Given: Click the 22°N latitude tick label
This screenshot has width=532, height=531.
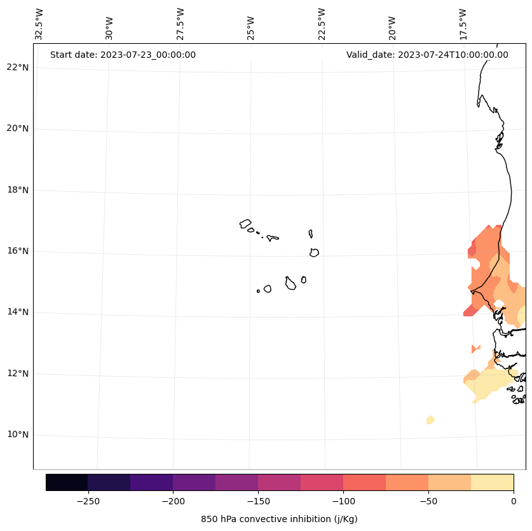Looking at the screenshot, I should pos(18,67).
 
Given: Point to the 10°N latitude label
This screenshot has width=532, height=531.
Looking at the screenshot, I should pos(18,434).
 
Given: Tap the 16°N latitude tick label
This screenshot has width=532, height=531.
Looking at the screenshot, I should pos(18,251).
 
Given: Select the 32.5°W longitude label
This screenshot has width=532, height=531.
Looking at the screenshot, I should pos(39,24).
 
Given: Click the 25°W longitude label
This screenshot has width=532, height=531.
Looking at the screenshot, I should pos(251,28).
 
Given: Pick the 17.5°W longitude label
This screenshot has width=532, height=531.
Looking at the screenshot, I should pos(463,24).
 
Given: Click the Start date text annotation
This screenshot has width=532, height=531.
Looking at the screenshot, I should pos(123,55).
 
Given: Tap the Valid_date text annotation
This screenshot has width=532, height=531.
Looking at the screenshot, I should pos(427,55).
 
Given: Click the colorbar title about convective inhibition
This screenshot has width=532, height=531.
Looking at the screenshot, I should pos(279,519).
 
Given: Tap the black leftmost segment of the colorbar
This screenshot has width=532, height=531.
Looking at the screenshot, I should pos(67,482).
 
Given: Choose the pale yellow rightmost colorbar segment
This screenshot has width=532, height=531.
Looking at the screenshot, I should pos(492,482).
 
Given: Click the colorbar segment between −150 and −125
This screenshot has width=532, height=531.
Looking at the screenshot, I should pos(279,482).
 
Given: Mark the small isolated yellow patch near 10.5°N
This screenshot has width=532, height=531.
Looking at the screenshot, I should pos(430,420).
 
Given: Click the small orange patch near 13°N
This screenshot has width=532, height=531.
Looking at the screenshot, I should pos(475,349).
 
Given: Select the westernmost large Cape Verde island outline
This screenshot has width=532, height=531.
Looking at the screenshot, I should pos(245,223).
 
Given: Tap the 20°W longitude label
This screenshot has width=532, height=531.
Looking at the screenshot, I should pos(393,28).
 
